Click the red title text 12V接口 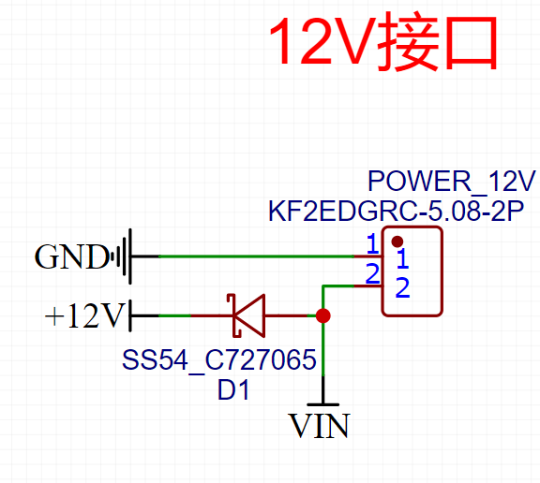click(382, 44)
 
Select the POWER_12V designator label click(451, 181)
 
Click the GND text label click(71, 256)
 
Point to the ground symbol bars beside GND click(123, 256)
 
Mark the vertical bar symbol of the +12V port click(130, 316)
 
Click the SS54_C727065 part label click(218, 360)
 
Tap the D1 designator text click(233, 390)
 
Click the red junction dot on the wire click(323, 316)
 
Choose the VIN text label click(320, 428)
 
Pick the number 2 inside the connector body click(401, 288)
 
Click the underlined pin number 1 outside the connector click(372, 244)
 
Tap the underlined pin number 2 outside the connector click(372, 274)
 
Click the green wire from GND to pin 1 click(253, 256)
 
